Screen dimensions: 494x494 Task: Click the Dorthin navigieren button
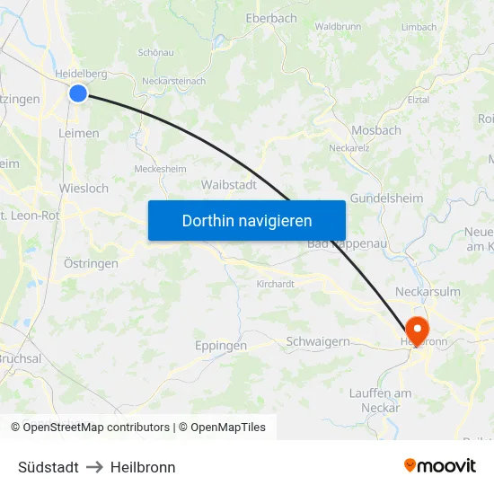coord(247,220)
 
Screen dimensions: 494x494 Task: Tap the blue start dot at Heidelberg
coord(78,93)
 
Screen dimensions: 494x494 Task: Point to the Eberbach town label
coord(270,18)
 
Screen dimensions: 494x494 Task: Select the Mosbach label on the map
coord(376,130)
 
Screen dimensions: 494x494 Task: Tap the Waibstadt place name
coord(229,185)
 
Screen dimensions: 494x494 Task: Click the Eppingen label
coord(221,345)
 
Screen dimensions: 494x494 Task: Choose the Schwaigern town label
coord(317,341)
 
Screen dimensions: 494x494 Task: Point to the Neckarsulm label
coord(428,292)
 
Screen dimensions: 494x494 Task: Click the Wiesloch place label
coord(84,189)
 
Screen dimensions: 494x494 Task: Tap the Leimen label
coord(78,133)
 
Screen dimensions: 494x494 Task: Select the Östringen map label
coord(91,263)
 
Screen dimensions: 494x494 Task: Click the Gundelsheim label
coord(386,198)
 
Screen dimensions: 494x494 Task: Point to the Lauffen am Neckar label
coord(381,401)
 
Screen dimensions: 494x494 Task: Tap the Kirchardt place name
coord(275,284)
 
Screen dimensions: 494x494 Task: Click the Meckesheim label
coord(159,168)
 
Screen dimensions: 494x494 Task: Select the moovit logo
coord(439,465)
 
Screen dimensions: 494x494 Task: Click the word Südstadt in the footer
coord(48,467)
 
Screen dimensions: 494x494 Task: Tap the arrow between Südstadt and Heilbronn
coord(94,467)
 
